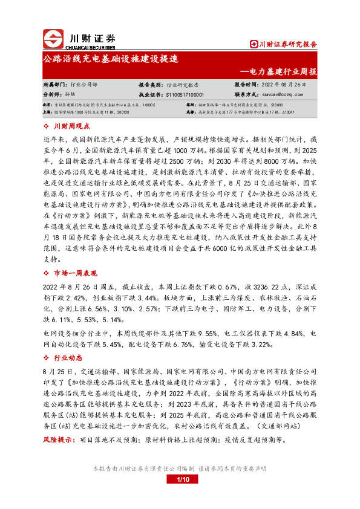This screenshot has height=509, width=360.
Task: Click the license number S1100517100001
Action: tap(184, 95)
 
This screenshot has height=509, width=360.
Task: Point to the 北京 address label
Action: tap(47, 105)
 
